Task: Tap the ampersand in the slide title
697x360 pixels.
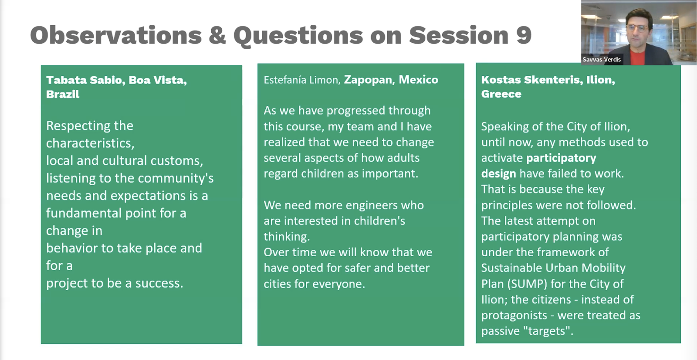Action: (217, 35)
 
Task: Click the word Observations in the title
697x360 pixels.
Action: (116, 35)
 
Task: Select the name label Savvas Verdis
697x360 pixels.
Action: (602, 59)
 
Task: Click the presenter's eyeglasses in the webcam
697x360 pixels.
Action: (637, 29)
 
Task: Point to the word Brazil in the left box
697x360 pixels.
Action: (63, 95)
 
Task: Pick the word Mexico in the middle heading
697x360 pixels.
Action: (419, 80)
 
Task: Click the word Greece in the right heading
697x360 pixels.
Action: (501, 94)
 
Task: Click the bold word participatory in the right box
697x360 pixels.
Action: (561, 158)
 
